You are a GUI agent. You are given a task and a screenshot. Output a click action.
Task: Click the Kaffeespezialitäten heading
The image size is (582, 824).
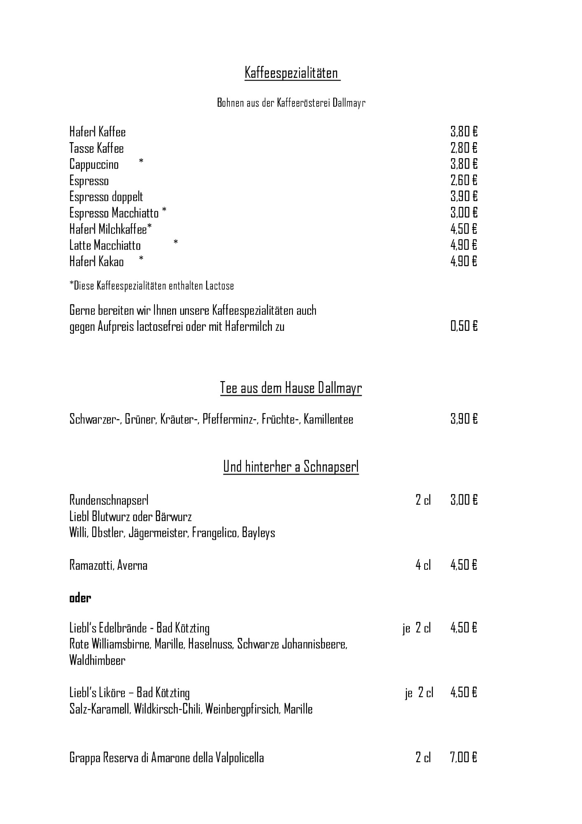point(292,73)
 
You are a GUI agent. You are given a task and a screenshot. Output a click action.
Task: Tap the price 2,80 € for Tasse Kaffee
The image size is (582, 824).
point(464,148)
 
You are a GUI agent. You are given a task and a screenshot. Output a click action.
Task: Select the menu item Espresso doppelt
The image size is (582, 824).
point(106,197)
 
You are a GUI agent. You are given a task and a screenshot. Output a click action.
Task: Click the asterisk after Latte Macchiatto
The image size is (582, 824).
point(176,243)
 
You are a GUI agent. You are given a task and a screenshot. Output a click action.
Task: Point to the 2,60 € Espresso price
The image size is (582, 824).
point(464,180)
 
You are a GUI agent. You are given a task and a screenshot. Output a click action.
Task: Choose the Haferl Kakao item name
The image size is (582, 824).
point(96,262)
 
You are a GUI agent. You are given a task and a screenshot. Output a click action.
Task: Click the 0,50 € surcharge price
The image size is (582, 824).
point(464,327)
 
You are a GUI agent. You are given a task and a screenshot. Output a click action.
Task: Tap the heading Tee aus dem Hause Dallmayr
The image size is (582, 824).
point(291,388)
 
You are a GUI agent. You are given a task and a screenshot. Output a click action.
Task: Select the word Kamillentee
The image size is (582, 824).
point(328,419)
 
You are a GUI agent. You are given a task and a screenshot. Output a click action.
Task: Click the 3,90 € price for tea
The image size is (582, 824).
point(464,419)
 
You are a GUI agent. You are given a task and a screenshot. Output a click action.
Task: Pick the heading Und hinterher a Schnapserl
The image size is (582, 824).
point(291,467)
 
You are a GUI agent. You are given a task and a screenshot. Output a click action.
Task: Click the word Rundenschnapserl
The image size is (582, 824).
point(109,500)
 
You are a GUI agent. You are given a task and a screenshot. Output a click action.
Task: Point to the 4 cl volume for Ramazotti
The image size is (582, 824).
point(423,565)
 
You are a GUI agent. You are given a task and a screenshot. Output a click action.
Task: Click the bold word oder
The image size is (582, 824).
point(80,598)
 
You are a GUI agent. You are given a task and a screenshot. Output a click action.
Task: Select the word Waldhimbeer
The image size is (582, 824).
point(97,660)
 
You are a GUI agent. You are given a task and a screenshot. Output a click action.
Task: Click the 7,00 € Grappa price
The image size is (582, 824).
point(464,758)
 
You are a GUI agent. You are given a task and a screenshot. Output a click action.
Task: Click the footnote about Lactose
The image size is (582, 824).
point(152,286)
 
